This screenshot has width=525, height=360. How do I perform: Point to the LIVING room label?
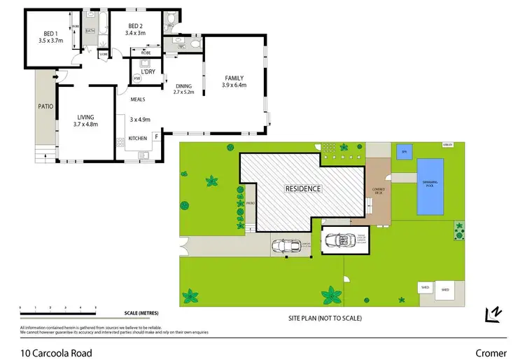coord(85,117)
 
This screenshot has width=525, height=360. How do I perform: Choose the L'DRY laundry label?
coord(148,72)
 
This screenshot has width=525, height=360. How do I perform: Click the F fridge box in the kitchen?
coord(155,137)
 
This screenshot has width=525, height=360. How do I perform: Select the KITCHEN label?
coord(137,139)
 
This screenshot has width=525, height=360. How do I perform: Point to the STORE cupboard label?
coord(104,53)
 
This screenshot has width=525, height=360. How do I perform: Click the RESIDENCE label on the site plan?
coord(302,188)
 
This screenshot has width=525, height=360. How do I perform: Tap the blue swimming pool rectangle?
coord(430,186)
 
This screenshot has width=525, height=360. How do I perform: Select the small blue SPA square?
coord(402,151)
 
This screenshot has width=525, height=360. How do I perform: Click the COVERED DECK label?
coord(378,191)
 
